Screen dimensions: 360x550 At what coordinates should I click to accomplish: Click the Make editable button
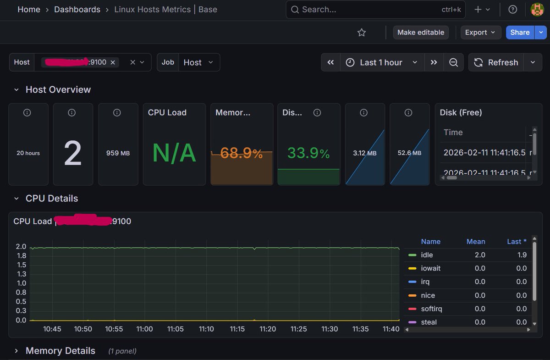coord(421,33)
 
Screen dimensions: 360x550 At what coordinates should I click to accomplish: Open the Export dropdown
coord(480,33)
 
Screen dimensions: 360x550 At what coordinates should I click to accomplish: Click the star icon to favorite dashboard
coord(362,33)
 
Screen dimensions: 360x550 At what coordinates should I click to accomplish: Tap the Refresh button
coord(496,62)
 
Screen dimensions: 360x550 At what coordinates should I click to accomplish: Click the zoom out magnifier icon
coord(453,62)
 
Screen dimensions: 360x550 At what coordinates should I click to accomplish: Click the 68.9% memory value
coord(241,153)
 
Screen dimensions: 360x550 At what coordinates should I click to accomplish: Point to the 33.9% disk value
coord(308,153)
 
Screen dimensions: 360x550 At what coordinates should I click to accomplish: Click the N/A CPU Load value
coord(174,153)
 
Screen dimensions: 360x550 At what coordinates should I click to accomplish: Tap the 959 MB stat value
coord(118,153)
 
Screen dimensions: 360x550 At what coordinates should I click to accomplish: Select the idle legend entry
coord(427,255)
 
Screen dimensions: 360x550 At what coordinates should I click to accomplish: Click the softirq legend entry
coord(431,309)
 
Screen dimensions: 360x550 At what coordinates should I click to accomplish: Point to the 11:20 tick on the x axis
coord(268,329)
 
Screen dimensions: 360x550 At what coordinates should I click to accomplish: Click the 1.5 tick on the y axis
coord(21,265)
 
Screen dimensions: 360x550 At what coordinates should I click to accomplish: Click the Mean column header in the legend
coord(475,242)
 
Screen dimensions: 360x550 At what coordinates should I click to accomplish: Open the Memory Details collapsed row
coord(60,351)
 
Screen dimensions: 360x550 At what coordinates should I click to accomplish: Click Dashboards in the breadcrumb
coord(77,10)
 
